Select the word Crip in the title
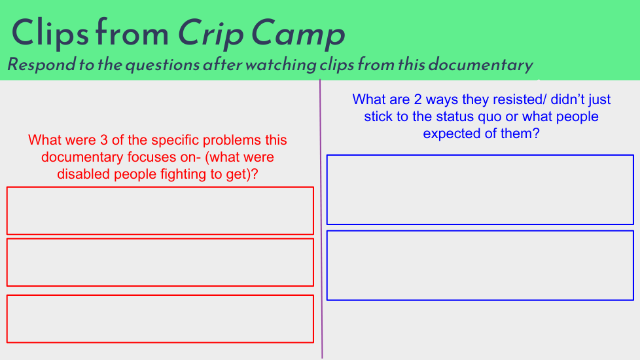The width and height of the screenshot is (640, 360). tap(211, 34)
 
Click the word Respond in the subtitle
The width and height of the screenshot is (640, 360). tap(42, 65)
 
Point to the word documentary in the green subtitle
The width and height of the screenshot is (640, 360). tap(481, 65)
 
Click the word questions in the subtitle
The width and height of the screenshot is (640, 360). tap(162, 65)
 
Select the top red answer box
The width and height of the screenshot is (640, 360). tap(160, 187)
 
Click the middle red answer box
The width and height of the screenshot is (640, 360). tap(160, 239)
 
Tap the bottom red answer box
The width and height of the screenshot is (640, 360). tap(160, 295)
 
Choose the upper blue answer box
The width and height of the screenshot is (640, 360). tap(480, 156)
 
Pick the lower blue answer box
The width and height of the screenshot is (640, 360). tap(480, 232)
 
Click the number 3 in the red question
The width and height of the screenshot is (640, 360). tap(104, 140)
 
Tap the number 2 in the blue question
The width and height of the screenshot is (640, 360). tap(418, 99)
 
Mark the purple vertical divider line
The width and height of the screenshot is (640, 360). tap(321, 219)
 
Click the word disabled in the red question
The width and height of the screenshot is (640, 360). tap(84, 174)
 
